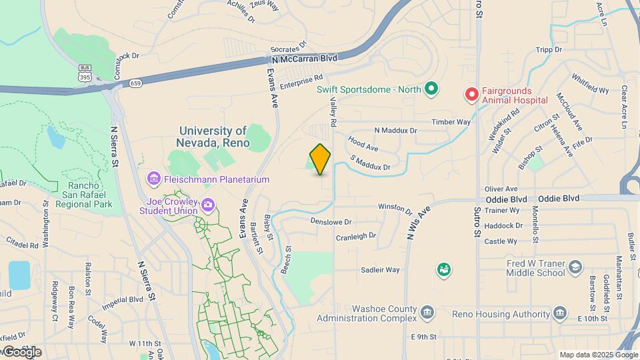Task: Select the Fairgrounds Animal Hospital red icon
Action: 472,94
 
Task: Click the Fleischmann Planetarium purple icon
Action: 154,179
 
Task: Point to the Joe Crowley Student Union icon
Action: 209,204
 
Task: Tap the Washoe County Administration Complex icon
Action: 427,311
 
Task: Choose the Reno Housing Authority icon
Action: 561,313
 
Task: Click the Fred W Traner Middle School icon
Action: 574,267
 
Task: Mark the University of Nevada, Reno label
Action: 213,137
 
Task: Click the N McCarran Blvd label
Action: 305,58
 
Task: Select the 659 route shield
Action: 136,83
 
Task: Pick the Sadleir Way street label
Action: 380,269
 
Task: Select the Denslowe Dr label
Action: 331,220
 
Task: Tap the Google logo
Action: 22,351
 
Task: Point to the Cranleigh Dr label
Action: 356,236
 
